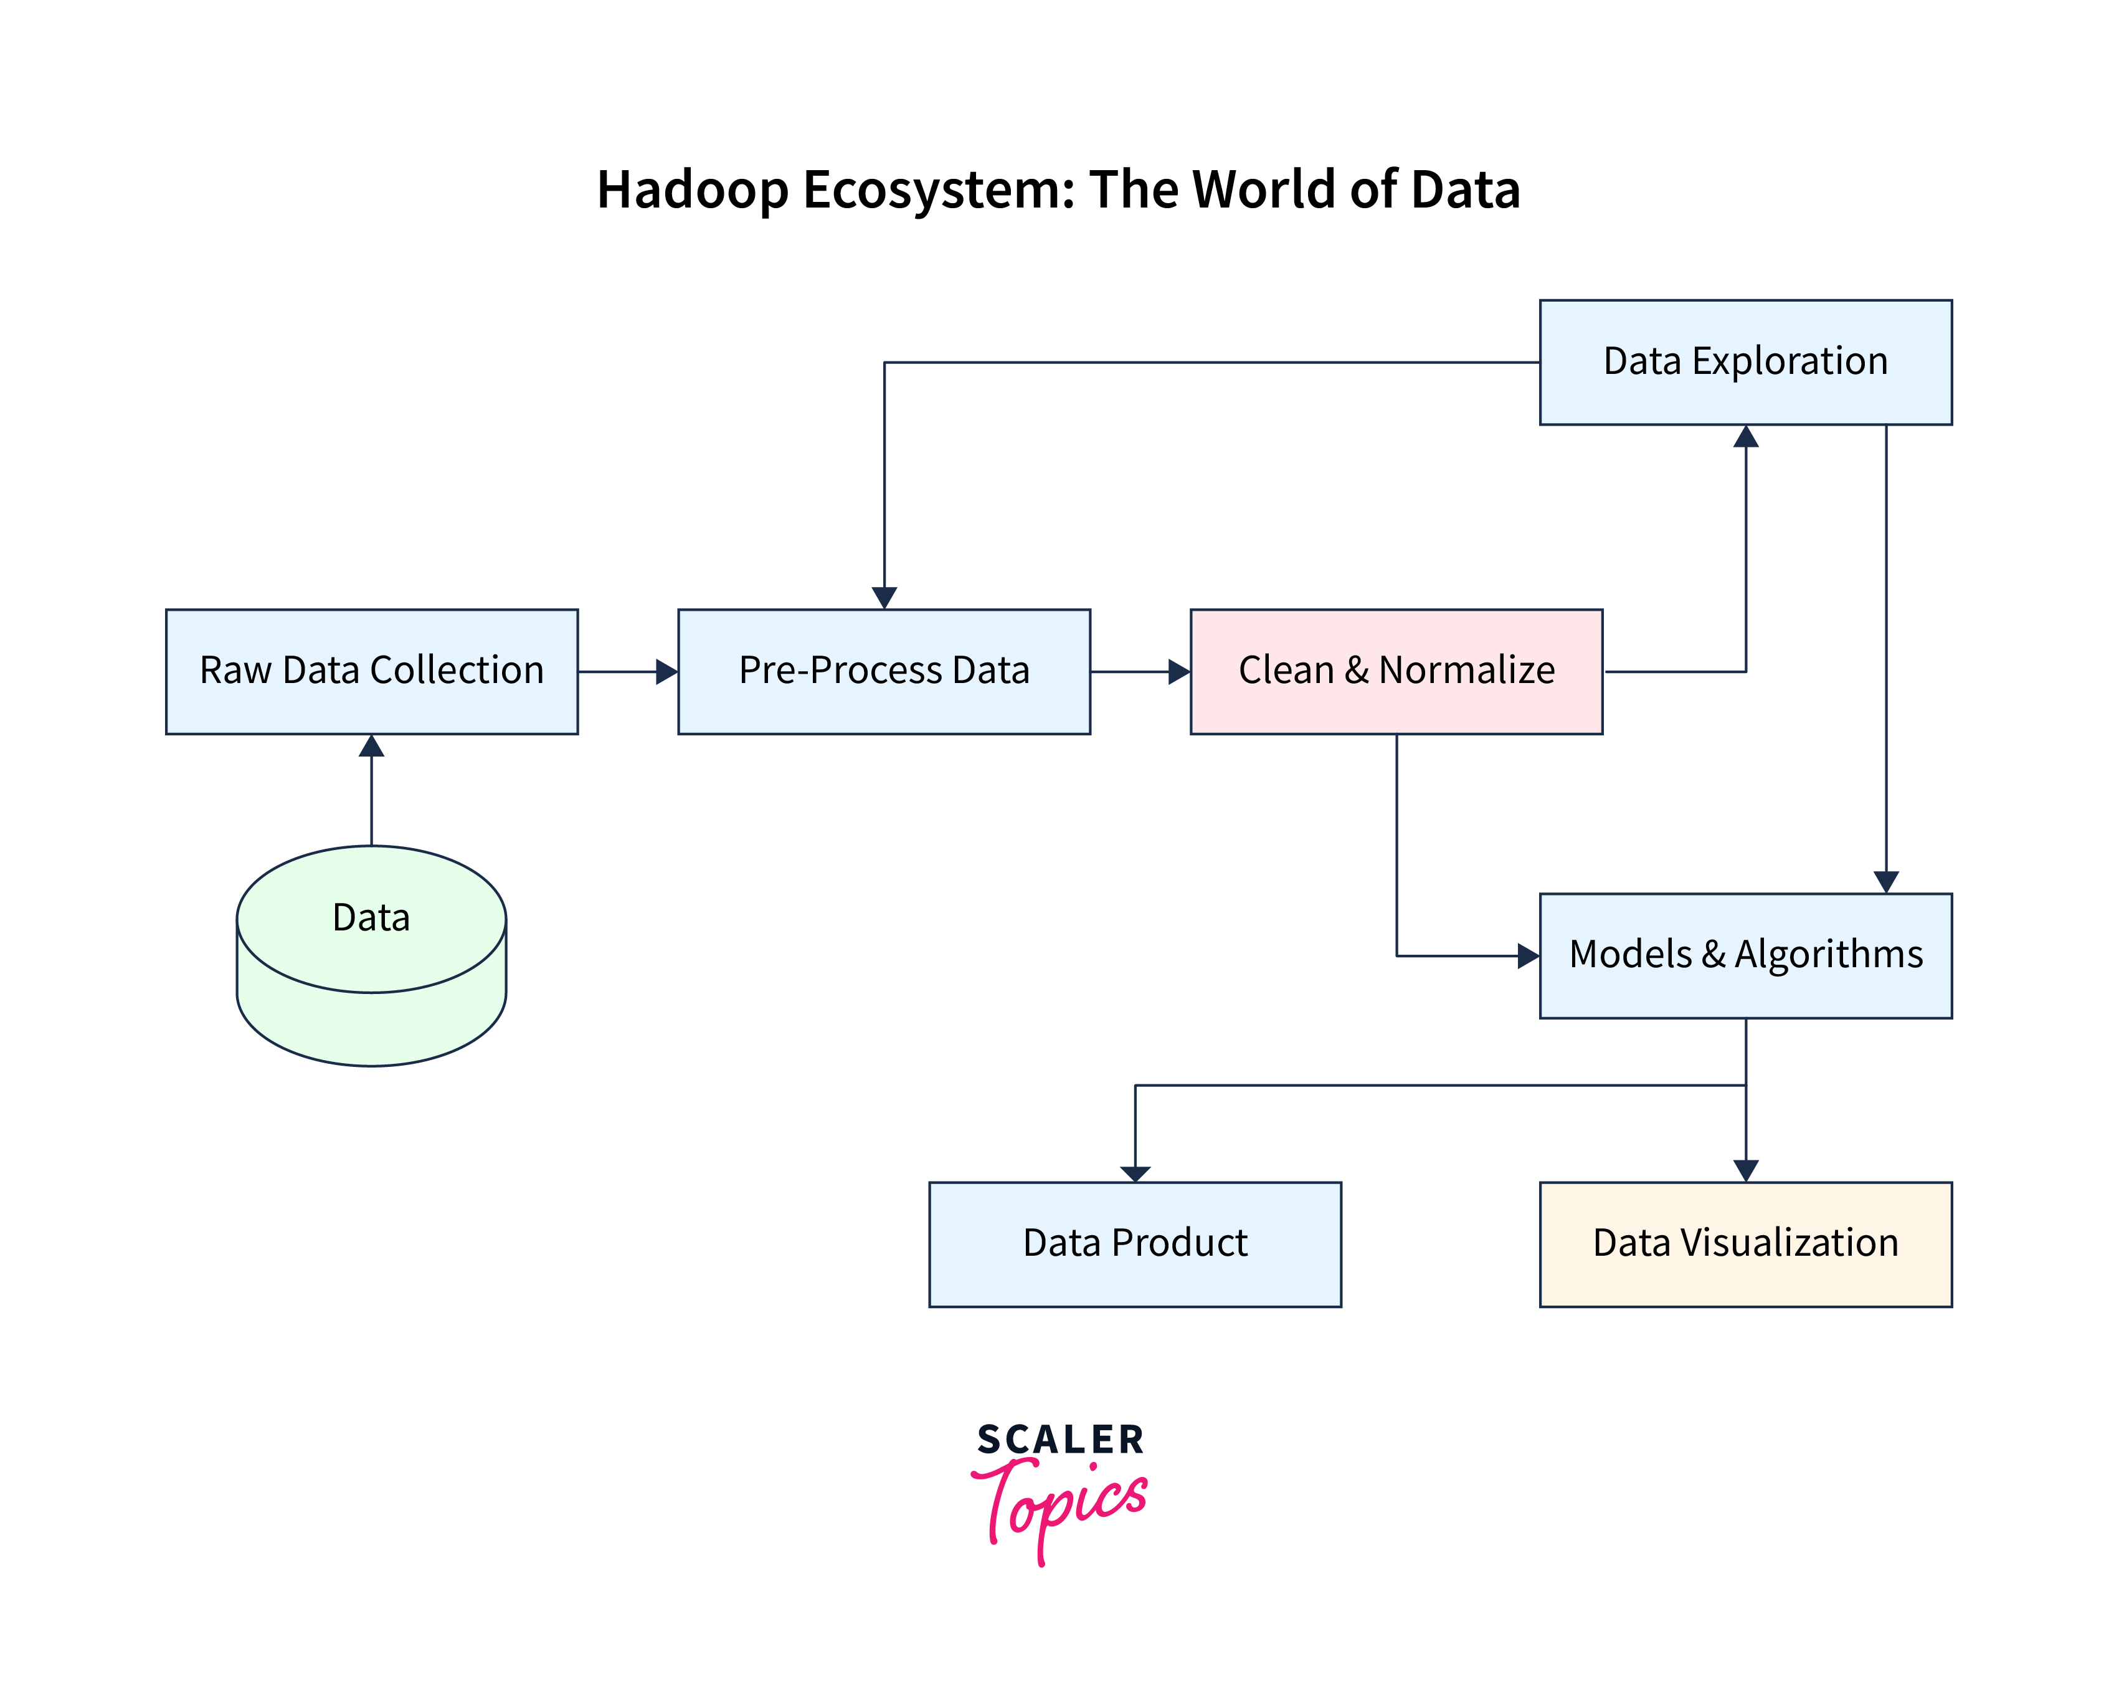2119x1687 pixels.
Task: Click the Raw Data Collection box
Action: [371, 671]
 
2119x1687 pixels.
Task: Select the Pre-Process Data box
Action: [884, 671]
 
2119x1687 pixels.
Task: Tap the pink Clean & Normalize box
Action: [1396, 671]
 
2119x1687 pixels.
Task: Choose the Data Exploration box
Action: [1745, 362]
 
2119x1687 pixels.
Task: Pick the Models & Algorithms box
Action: [1745, 955]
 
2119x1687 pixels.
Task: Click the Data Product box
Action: [1134, 1244]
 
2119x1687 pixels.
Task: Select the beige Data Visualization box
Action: [1745, 1244]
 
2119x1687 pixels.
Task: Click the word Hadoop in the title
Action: [692, 189]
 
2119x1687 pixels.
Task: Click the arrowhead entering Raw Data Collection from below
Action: [371, 746]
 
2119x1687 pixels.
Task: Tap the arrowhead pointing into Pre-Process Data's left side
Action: [666, 671]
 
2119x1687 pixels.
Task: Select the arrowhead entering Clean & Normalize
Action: [1178, 671]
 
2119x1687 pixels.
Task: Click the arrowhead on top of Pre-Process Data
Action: [884, 597]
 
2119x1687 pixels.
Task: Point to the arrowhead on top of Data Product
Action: [1135, 1173]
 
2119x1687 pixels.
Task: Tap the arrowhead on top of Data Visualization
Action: [1745, 1170]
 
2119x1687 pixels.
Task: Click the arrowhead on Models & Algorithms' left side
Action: [1527, 955]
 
